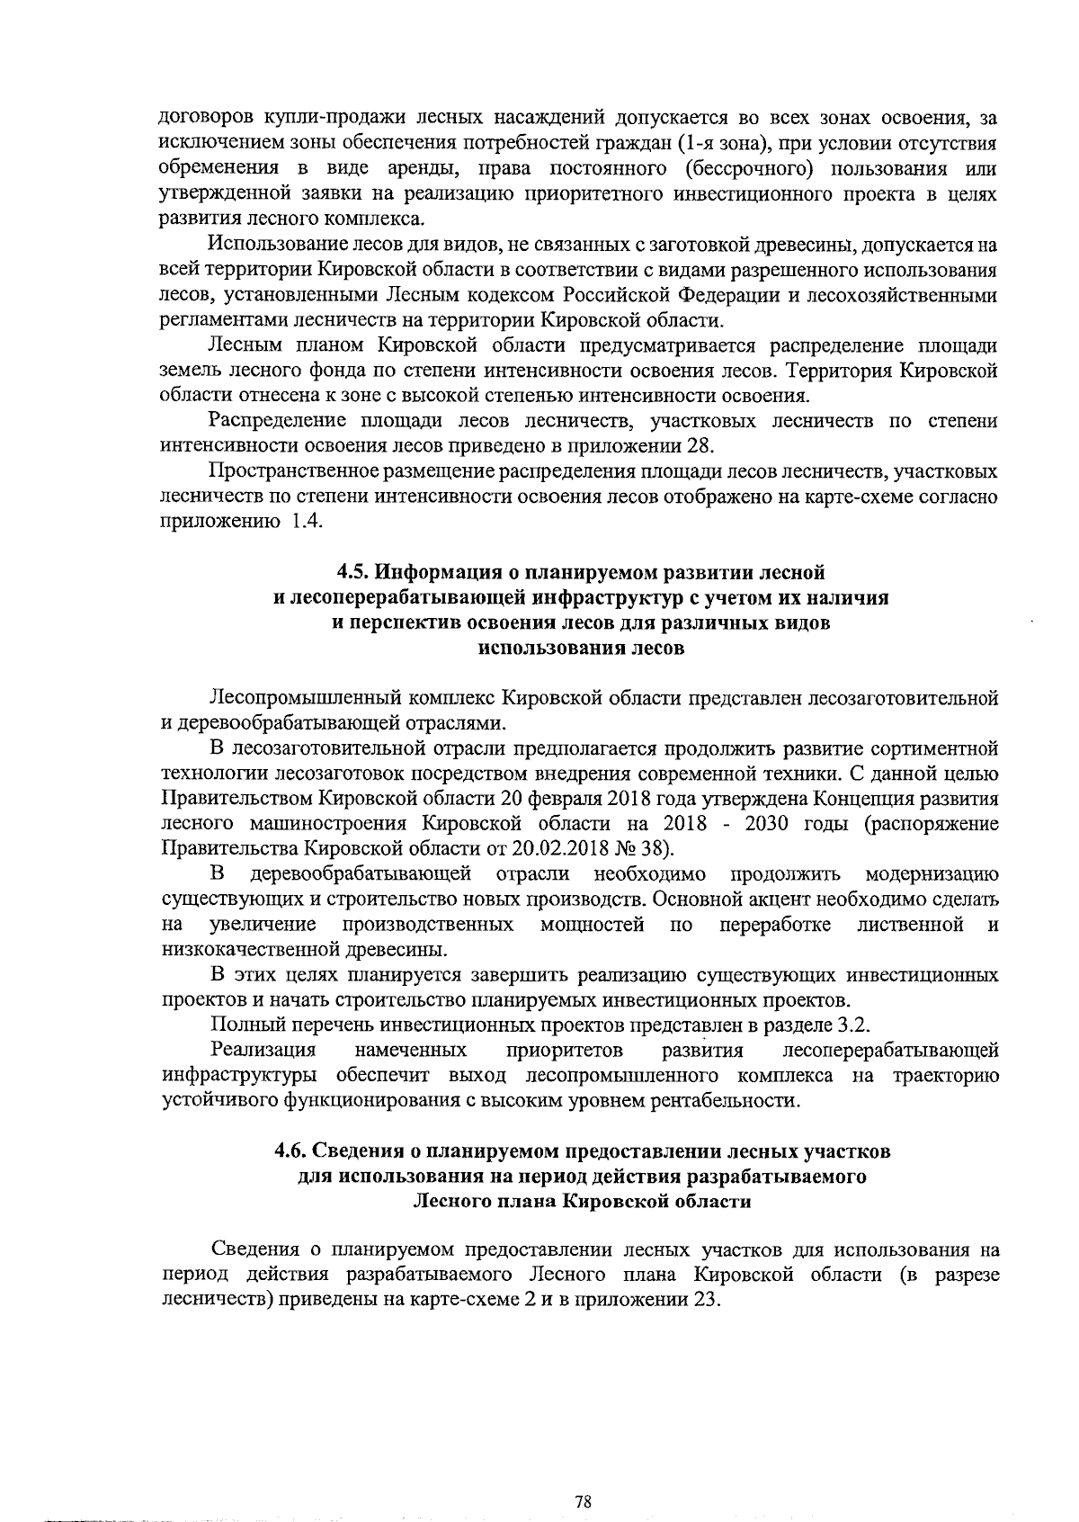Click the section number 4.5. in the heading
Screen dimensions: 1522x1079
[352, 572]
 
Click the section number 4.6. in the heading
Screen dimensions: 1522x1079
[292, 1151]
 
